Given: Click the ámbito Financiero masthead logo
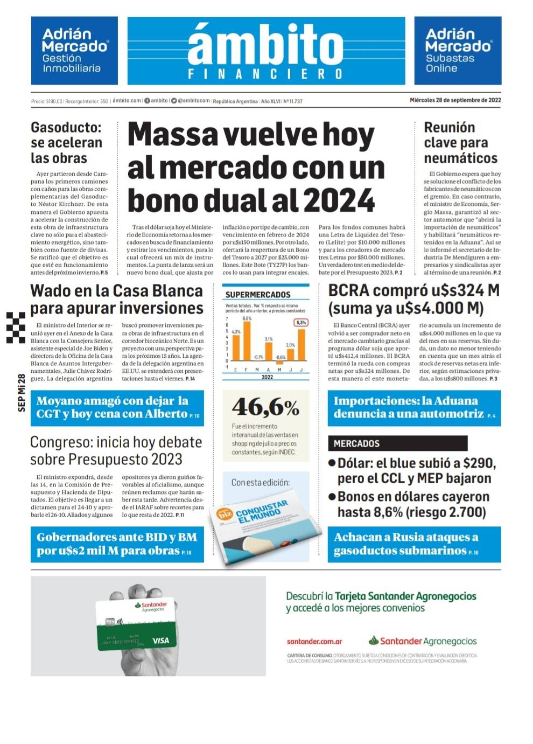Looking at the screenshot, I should pyautogui.click(x=266, y=51).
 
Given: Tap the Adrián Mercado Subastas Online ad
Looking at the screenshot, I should pyautogui.click(x=458, y=51).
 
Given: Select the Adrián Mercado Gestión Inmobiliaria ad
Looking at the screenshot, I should pyautogui.click(x=74, y=51).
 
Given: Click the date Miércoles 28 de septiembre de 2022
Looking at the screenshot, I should pyautogui.click(x=455, y=100).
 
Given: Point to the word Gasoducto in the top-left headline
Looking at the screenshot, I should pyautogui.click(x=66, y=128).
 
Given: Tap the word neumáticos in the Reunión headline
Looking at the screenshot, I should pyautogui.click(x=460, y=158).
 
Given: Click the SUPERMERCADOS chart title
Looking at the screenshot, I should pyautogui.click(x=258, y=295).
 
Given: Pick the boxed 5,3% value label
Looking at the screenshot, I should pyautogui.click(x=301, y=323).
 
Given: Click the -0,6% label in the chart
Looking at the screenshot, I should pyautogui.click(x=280, y=357).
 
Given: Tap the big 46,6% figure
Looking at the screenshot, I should pyautogui.click(x=265, y=408).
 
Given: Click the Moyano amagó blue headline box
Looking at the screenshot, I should pyautogui.click(x=117, y=408).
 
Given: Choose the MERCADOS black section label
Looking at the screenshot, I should pyautogui.click(x=356, y=443).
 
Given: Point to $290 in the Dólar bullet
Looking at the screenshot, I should pyautogui.click(x=478, y=463).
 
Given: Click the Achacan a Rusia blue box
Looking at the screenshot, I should pyautogui.click(x=414, y=544).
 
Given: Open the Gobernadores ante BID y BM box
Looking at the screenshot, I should pyautogui.click(x=117, y=544).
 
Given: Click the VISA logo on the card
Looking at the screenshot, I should pyautogui.click(x=160, y=641).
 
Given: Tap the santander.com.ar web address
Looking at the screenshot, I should pyautogui.click(x=314, y=642).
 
